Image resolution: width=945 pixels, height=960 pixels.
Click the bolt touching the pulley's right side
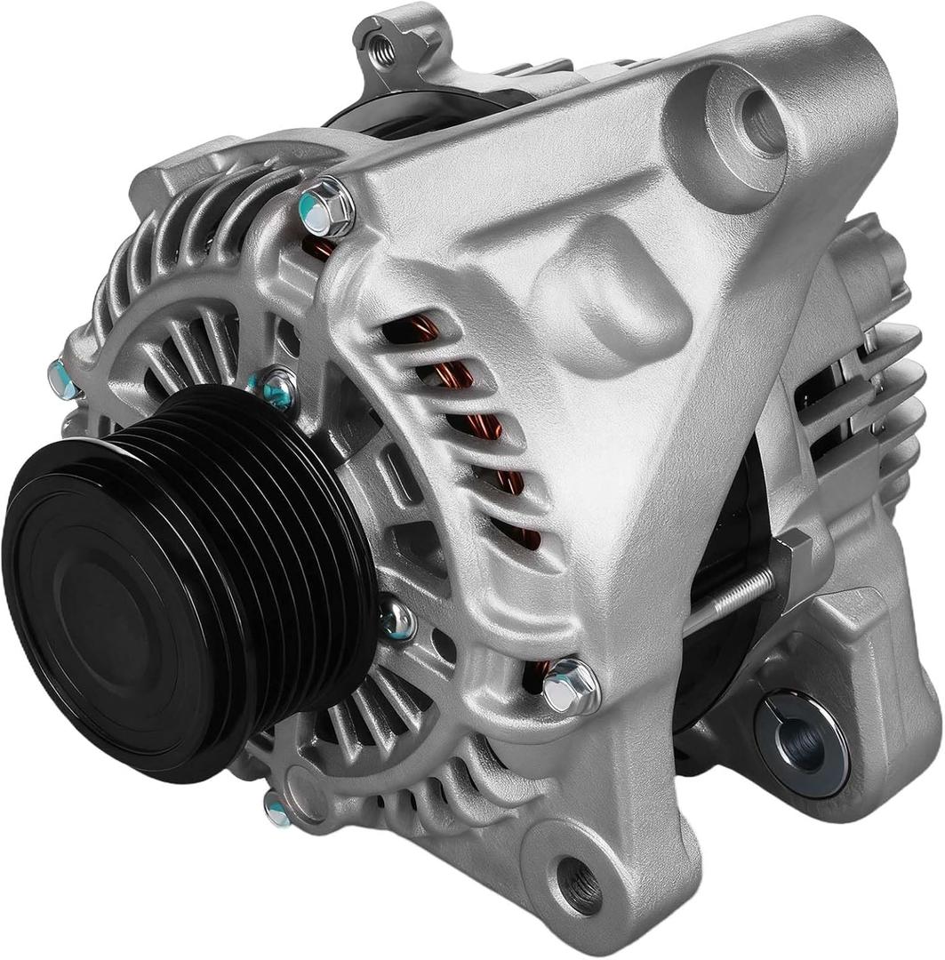point(398,620)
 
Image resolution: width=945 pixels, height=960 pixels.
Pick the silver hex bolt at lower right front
point(570,685)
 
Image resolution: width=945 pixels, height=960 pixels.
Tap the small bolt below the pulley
point(278,808)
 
